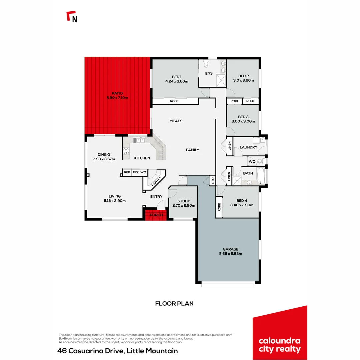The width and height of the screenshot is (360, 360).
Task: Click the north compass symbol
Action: (x=72, y=17)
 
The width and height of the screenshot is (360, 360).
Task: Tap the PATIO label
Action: (x=117, y=93)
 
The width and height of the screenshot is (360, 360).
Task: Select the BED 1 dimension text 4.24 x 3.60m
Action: (x=177, y=81)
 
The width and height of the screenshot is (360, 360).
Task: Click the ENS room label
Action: (x=209, y=73)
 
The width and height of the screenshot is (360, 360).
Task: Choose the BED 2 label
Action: (x=244, y=76)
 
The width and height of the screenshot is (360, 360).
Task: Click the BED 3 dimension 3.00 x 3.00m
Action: (x=243, y=121)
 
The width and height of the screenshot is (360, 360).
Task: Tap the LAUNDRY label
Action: (x=248, y=147)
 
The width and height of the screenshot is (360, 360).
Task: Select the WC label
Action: (x=252, y=162)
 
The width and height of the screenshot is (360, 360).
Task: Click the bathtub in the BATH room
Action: (x=262, y=176)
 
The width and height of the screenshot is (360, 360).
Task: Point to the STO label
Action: (x=213, y=181)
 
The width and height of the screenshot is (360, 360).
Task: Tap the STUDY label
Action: (x=184, y=201)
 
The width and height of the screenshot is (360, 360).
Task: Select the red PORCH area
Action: (x=156, y=215)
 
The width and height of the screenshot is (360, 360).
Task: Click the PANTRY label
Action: (x=156, y=181)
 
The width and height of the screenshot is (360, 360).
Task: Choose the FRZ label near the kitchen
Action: (x=135, y=172)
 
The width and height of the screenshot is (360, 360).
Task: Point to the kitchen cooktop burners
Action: (x=126, y=151)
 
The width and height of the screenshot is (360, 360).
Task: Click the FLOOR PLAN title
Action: (x=174, y=303)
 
